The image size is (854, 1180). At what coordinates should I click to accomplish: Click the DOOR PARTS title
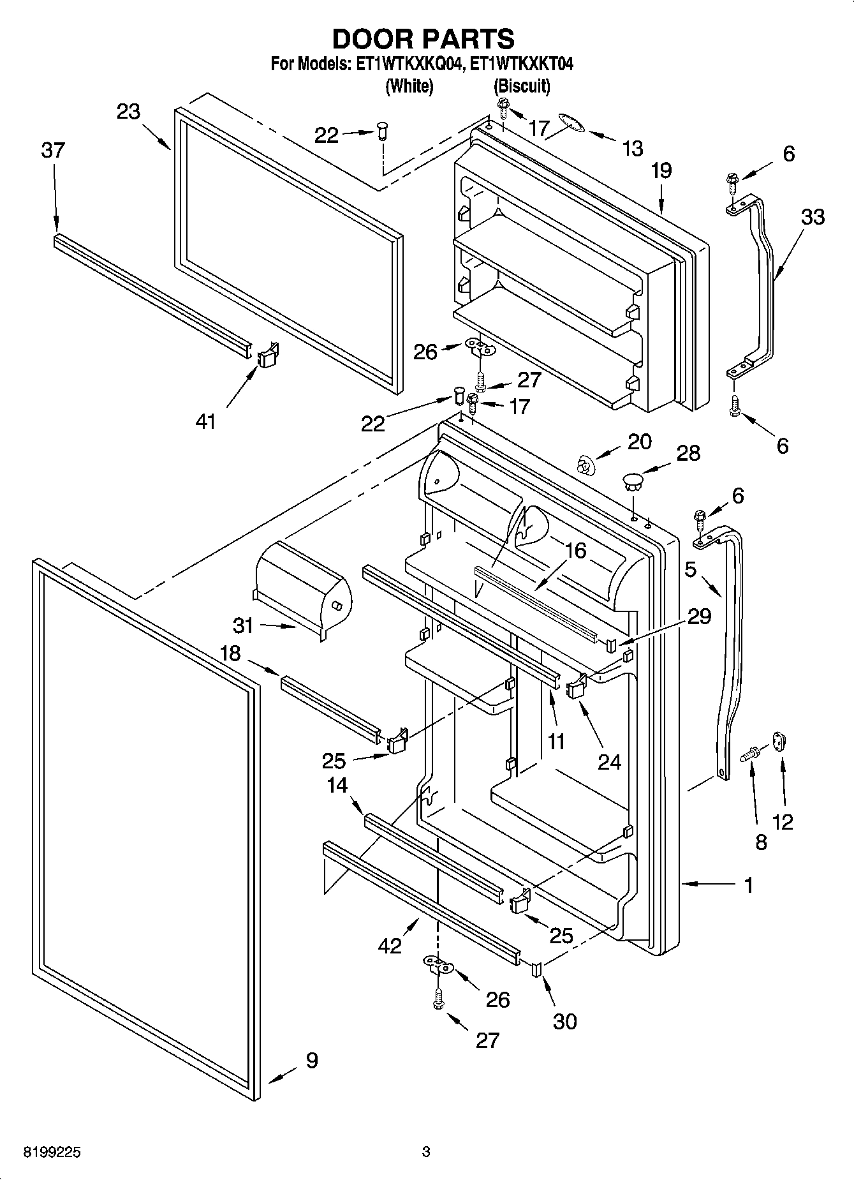[x=423, y=40]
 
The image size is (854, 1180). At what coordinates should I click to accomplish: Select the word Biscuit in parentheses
[x=522, y=86]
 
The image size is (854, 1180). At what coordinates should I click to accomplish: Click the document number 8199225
[x=52, y=1153]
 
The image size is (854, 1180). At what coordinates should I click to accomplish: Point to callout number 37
[x=53, y=151]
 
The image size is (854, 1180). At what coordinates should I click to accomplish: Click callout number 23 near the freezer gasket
[x=128, y=112]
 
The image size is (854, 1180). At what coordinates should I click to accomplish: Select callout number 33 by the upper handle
[x=813, y=217]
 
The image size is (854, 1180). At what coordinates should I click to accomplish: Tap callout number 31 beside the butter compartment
[x=243, y=625]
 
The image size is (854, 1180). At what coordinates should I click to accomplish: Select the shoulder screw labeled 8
[x=750, y=755]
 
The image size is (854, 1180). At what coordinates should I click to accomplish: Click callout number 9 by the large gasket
[x=311, y=1060]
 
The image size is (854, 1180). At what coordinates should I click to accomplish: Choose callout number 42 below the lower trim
[x=390, y=945]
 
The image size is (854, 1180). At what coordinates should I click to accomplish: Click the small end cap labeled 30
[x=535, y=969]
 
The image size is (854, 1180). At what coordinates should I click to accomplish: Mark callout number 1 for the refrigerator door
[x=748, y=885]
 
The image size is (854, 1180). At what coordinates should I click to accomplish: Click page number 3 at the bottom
[x=426, y=1152]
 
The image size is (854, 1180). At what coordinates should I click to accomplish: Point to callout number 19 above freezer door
[x=661, y=171]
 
